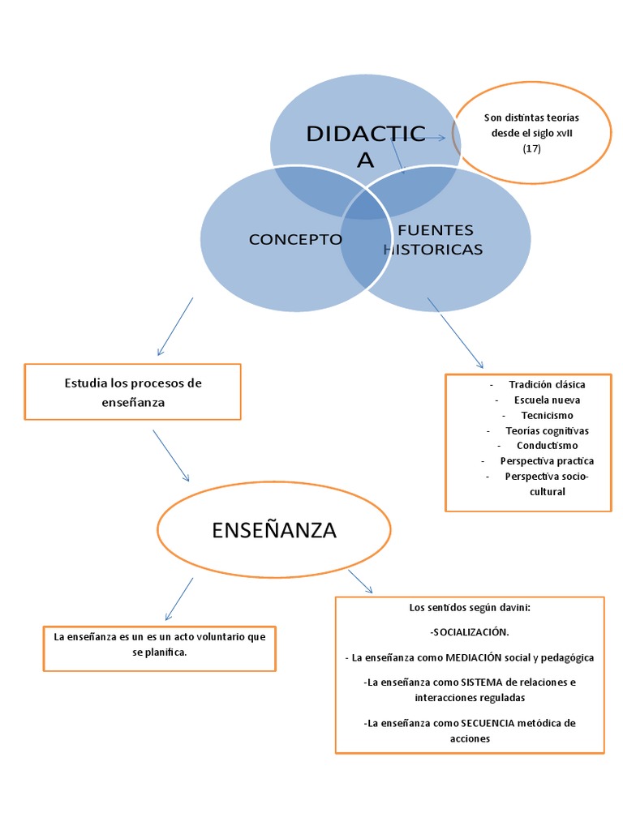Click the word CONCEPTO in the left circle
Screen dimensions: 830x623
[295, 239]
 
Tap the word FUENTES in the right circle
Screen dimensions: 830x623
[436, 231]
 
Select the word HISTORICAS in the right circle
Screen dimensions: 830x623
[433, 249]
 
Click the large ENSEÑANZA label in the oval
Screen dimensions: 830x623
[273, 530]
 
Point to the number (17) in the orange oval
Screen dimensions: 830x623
[531, 148]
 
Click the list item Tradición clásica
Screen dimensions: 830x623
[547, 384]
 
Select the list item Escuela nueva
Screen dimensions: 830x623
[547, 400]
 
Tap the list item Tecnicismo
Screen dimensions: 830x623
[547, 415]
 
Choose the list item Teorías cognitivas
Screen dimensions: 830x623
[547, 430]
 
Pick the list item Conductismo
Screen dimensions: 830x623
[547, 445]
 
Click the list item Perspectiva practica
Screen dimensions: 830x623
[547, 460]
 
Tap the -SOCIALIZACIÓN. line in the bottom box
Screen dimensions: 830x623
[470, 631]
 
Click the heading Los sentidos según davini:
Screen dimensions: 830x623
[470, 607]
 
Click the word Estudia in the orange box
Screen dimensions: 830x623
[84, 383]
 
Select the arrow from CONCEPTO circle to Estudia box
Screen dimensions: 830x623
[176, 327]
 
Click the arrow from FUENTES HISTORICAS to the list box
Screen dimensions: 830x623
[455, 333]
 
